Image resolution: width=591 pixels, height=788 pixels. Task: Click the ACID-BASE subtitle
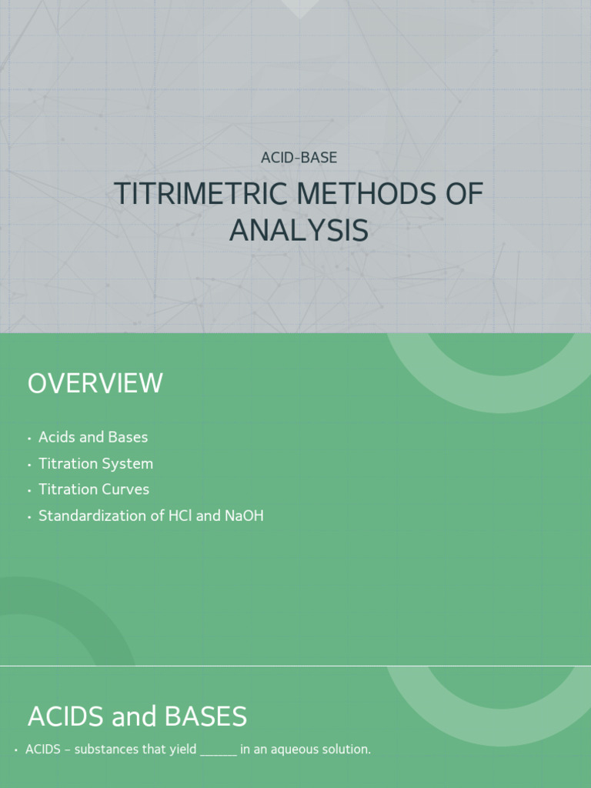[299, 158]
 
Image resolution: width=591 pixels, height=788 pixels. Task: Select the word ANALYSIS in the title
[299, 231]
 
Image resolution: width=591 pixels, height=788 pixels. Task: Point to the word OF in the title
[464, 194]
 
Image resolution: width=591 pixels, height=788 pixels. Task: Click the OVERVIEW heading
[95, 383]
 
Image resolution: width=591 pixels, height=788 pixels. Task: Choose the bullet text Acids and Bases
[93, 437]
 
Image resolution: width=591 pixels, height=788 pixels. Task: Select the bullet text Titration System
[95, 463]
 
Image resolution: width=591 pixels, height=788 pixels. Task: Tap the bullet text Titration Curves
[94, 489]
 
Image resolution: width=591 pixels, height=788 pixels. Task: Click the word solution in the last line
[346, 750]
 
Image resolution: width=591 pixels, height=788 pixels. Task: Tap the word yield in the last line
[182, 750]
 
